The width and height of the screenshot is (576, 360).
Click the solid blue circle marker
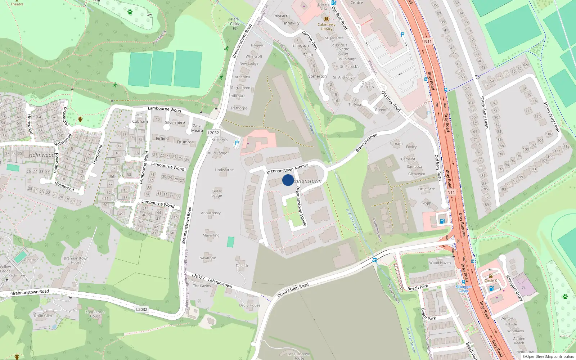click(x=288, y=180)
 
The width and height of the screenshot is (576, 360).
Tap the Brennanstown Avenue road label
click(x=287, y=168)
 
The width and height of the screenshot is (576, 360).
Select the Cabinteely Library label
click(x=327, y=27)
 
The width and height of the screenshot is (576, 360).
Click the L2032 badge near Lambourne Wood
click(x=213, y=133)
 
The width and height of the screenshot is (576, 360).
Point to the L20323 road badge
click(x=198, y=276)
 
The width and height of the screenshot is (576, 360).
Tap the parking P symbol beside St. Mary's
click(x=237, y=143)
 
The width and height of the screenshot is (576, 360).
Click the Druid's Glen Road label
click(x=293, y=290)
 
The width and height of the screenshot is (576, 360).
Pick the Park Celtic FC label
click(x=235, y=24)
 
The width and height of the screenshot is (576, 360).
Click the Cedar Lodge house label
click(x=217, y=193)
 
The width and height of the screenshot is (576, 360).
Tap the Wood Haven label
click(x=440, y=263)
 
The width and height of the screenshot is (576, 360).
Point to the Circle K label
click(x=490, y=280)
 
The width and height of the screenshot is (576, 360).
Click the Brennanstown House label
click(x=76, y=260)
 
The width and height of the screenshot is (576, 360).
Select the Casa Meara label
click(x=197, y=128)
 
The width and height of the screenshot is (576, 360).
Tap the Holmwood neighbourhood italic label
click(x=42, y=155)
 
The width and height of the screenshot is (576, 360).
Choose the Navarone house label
click(x=208, y=258)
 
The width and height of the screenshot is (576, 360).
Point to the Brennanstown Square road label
click(x=301, y=206)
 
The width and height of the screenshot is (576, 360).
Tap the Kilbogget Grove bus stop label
click(x=463, y=289)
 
